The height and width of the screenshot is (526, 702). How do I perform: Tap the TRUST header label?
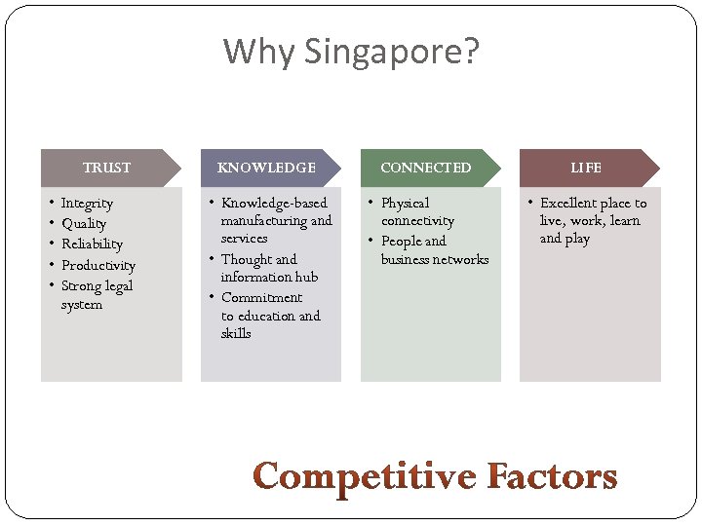tap(106, 168)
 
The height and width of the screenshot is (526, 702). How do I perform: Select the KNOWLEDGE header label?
tap(266, 168)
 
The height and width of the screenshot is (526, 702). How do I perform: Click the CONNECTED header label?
tap(425, 168)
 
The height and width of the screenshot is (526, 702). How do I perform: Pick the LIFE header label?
tap(586, 168)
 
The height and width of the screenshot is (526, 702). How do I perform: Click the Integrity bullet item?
tap(87, 203)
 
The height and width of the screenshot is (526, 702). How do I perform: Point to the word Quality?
tap(84, 224)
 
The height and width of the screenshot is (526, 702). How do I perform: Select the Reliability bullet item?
tap(92, 244)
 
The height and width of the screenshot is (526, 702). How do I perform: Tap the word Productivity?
tap(98, 265)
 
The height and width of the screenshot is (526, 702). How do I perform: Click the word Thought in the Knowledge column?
tap(247, 259)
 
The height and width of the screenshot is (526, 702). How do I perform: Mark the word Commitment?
tap(261, 297)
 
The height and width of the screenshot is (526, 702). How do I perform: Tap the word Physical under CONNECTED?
tap(405, 203)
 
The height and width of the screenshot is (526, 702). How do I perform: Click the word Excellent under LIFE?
tap(568, 203)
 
